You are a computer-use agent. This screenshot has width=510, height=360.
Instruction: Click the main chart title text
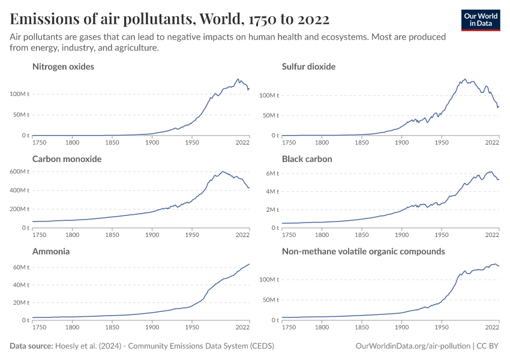170,19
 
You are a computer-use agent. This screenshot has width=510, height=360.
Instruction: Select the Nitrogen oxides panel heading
63,67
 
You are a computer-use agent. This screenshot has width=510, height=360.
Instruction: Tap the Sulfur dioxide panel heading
308,67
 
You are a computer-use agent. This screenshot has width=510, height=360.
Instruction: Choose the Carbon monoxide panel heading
67,159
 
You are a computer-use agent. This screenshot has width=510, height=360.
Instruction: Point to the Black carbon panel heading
307,159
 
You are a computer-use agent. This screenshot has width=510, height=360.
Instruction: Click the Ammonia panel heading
51,251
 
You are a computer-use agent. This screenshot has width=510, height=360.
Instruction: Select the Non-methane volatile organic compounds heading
363,251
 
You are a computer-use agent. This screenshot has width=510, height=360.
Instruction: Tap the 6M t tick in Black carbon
272,173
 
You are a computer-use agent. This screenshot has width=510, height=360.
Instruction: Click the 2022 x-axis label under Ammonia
242,328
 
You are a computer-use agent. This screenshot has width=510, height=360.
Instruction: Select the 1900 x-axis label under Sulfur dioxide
401,143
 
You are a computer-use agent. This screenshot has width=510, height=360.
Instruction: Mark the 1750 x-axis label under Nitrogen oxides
40,143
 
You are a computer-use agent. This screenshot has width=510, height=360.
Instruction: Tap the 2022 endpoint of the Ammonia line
250,264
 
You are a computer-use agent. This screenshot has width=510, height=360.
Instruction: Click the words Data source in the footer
31,346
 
